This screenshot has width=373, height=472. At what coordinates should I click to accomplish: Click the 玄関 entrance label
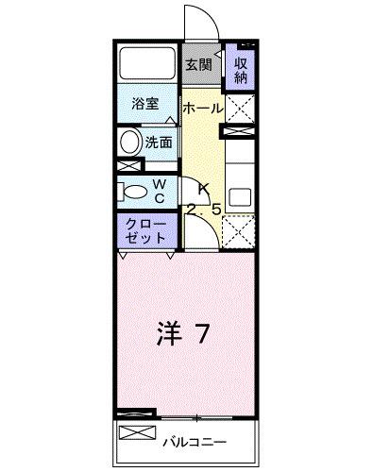click(197, 66)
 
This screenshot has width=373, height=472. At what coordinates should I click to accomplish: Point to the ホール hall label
click(203, 108)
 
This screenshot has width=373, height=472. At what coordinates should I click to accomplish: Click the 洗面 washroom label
click(159, 143)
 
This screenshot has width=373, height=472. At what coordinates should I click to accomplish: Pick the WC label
click(160, 190)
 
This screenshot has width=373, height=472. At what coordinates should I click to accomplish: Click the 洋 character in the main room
click(166, 333)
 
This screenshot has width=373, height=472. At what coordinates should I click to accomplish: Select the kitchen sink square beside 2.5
click(240, 198)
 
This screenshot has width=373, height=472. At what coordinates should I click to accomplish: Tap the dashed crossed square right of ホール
click(240, 111)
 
